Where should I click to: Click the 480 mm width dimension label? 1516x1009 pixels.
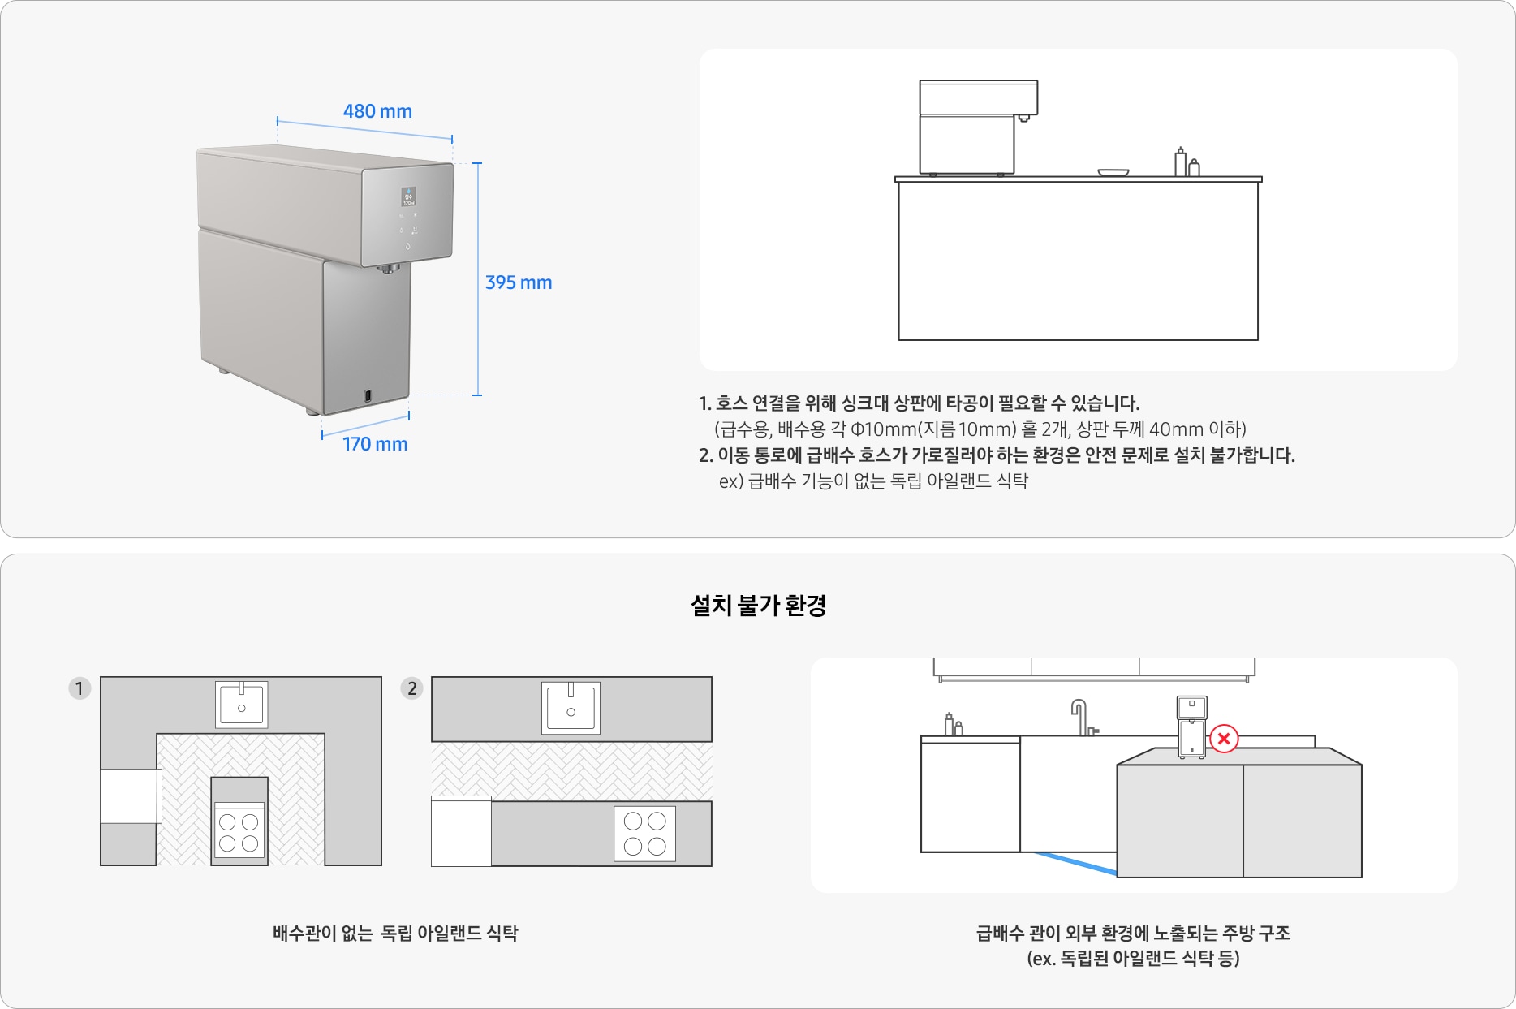[377, 111]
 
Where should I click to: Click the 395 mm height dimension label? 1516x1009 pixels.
[519, 282]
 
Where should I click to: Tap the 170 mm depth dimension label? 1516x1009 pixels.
[375, 444]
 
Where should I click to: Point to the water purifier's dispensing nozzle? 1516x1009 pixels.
[390, 268]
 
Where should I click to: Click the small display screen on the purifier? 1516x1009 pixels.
[408, 196]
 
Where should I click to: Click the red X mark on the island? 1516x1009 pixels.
[1224, 739]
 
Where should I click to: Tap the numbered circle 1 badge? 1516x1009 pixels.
[80, 688]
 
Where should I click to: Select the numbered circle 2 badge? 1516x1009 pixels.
[412, 688]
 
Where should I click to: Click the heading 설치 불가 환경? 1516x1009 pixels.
[758, 606]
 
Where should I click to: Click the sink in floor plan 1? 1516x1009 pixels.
[242, 705]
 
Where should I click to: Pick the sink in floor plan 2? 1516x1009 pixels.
[571, 708]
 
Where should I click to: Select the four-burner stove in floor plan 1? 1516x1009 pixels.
[239, 831]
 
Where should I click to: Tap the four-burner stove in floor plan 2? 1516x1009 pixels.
[645, 834]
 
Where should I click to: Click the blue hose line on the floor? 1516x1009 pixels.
[1076, 863]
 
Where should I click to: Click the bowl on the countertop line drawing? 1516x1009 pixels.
[1113, 172]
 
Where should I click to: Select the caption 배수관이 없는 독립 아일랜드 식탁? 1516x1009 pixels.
[395, 934]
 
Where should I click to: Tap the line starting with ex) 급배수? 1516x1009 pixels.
[873, 481]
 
